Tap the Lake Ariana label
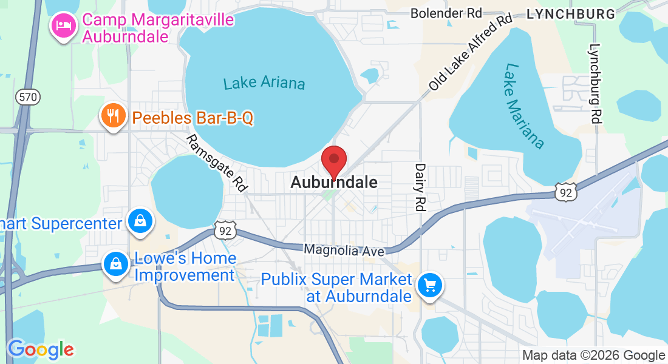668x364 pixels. point(264,83)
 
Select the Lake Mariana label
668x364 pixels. point(523,106)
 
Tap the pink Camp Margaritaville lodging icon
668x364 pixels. point(63,25)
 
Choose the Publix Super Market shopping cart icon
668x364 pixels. point(430,284)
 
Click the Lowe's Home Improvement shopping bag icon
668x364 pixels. point(115,264)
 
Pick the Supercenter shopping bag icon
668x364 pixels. point(140,221)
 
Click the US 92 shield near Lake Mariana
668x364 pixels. point(565,192)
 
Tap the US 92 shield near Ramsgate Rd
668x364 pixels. point(224,230)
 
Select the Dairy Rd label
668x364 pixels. point(420,187)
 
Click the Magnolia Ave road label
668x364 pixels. point(344,250)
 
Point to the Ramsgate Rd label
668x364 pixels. point(217,164)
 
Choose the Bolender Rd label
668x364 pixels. point(446,13)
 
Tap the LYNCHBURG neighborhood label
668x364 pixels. point(571,14)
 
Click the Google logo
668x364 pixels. point(41,349)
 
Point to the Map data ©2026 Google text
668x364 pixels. point(594,356)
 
